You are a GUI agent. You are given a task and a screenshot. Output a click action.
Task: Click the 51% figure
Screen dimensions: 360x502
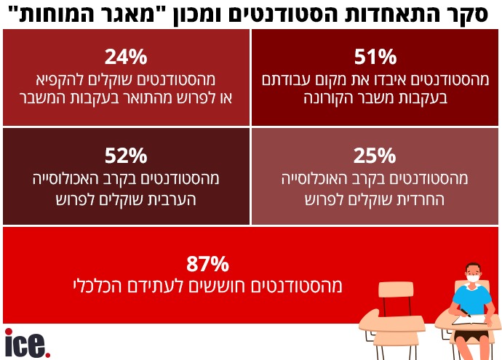[375, 56]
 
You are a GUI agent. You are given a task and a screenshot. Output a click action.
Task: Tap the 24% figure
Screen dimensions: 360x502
[126, 56]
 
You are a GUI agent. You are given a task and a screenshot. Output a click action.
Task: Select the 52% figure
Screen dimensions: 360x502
[126, 154]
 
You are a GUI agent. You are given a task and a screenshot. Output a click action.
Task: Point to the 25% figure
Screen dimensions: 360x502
[375, 154]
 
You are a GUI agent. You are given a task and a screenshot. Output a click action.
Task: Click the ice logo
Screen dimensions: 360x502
[27, 343]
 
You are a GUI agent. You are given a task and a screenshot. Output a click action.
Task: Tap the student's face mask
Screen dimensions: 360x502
[473, 278]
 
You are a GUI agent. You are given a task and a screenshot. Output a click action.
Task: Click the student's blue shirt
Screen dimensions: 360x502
[472, 300]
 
